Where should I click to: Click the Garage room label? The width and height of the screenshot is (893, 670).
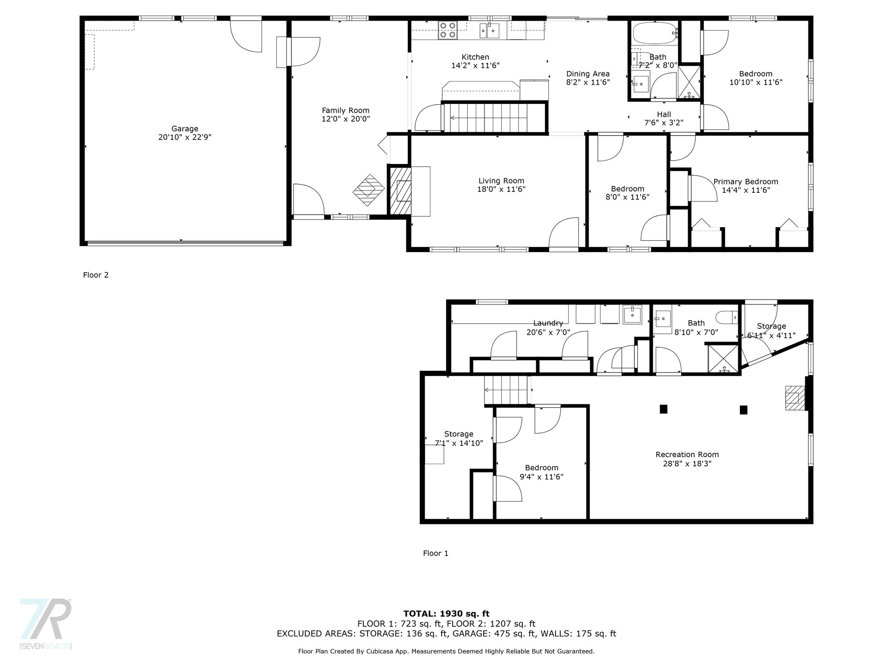pyautogui.click(x=185, y=129)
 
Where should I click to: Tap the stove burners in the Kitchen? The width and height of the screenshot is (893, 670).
pyautogui.click(x=447, y=30)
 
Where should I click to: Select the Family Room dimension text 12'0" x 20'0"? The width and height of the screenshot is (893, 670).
pyautogui.click(x=346, y=119)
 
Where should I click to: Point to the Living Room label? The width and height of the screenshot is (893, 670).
pyautogui.click(x=501, y=181)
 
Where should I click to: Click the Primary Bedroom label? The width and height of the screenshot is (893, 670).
pyautogui.click(x=746, y=182)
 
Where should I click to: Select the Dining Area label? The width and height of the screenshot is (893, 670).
pyautogui.click(x=588, y=74)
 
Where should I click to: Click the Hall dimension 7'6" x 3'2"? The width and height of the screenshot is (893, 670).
pyautogui.click(x=664, y=123)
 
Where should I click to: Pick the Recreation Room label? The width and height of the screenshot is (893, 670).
pyautogui.click(x=687, y=455)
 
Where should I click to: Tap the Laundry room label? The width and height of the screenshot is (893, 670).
pyautogui.click(x=548, y=323)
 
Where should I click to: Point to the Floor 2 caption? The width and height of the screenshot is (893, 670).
pyautogui.click(x=96, y=275)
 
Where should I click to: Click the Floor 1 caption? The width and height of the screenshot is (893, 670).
pyautogui.click(x=436, y=553)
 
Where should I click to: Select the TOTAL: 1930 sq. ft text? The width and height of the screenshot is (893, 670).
pyautogui.click(x=446, y=614)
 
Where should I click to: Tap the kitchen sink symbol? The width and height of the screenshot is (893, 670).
pyautogui.click(x=490, y=31)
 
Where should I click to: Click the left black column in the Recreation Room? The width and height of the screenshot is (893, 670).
pyautogui.click(x=664, y=409)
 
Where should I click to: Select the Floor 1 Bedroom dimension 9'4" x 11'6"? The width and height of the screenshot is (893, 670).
pyautogui.click(x=542, y=477)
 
